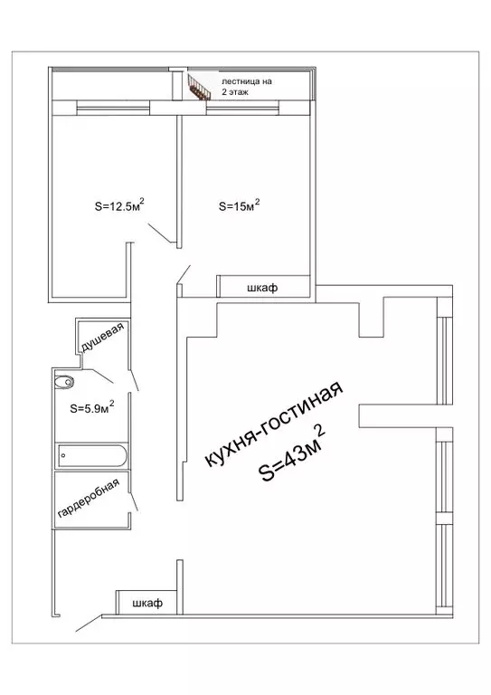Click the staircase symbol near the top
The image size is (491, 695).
pos(197,88)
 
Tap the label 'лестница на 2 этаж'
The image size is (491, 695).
pos(246,87)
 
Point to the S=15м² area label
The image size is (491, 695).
pos(240,205)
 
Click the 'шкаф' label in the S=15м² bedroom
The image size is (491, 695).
pos(261,288)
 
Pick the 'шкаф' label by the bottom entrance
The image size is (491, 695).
pos(146,603)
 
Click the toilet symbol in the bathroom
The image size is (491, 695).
pos(65,380)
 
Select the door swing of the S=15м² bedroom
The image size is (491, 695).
pos(184,274)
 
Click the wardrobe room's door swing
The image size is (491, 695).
pos(134,499)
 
